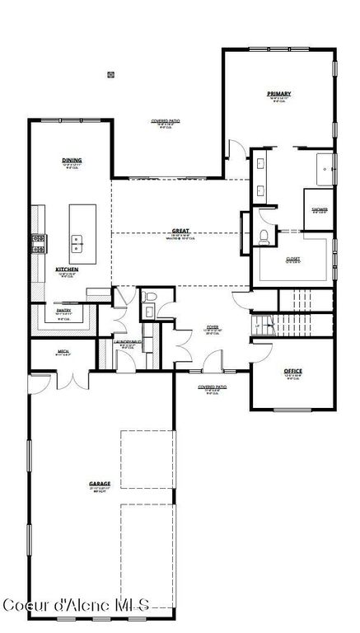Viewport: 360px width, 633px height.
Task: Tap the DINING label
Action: point(72,160)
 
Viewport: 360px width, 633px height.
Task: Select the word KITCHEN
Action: point(67,270)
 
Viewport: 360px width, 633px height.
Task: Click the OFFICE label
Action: point(292,371)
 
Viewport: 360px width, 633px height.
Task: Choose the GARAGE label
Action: point(100,484)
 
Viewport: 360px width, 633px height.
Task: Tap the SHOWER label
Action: point(319,209)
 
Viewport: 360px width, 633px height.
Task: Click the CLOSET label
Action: point(292,259)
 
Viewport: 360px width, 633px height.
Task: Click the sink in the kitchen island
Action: point(77,244)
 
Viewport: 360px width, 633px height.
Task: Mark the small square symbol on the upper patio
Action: point(110,75)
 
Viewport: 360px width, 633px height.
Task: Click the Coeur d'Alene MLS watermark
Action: point(77,606)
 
